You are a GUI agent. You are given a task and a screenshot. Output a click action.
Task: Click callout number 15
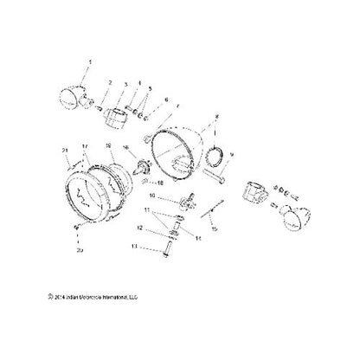pyautogui.click(x=216, y=228)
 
